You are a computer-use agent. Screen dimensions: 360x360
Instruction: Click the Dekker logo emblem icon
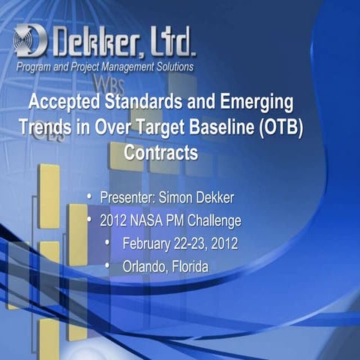(x=30, y=41)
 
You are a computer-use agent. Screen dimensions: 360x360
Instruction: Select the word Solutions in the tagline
(x=170, y=67)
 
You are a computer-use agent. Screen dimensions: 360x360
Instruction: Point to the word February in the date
(x=150, y=244)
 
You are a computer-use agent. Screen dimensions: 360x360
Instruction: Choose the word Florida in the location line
(x=190, y=267)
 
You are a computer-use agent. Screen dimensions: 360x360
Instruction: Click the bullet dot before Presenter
(x=88, y=197)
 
